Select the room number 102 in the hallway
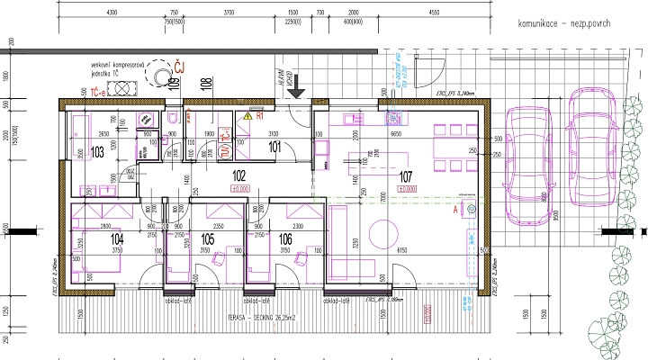[x=240, y=176]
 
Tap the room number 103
[x=99, y=151]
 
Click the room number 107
[x=404, y=176]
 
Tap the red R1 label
[x=259, y=116]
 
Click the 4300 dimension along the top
[x=112, y=13]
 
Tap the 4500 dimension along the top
[x=434, y=13]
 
